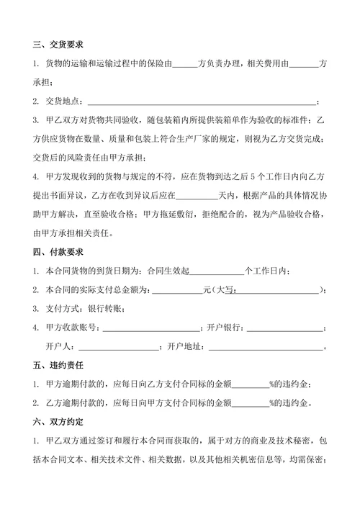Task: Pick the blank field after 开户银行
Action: pos(284,328)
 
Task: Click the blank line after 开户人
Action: pos(117,346)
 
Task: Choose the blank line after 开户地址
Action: pos(266,346)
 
